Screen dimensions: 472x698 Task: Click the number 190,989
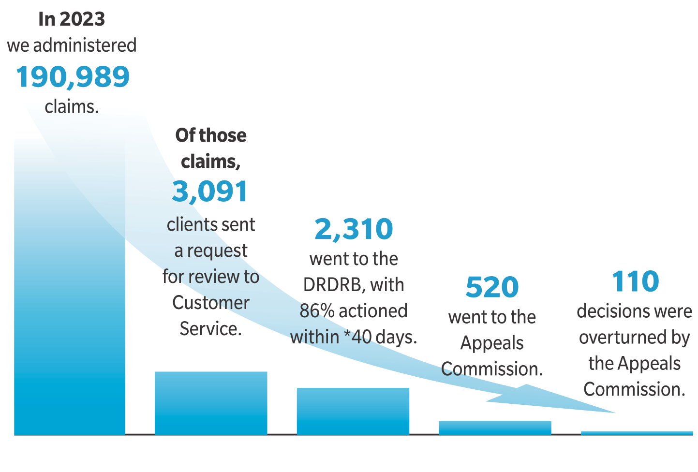tap(73, 76)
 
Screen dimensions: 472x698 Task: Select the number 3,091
tap(210, 191)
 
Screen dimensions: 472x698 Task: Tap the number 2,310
tap(354, 229)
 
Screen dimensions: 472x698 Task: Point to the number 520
tap(492, 287)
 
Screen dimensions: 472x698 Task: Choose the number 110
tap(635, 281)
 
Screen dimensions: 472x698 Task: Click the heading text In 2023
tap(72, 19)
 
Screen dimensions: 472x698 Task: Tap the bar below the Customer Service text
tap(211, 403)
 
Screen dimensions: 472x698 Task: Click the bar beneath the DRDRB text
tap(353, 411)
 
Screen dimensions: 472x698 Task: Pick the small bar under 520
tap(495, 428)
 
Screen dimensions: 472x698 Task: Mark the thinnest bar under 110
tap(637, 433)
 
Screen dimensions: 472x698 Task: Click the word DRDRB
tap(334, 285)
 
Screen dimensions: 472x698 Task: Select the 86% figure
tap(317, 311)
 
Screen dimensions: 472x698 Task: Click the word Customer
tap(211, 303)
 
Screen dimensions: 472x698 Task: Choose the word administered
tap(85, 45)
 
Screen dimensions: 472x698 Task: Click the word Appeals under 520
tap(492, 343)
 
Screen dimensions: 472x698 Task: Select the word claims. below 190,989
tap(72, 107)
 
